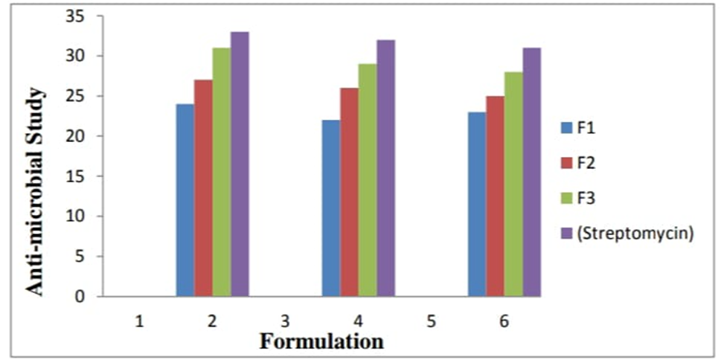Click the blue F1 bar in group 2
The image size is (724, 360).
coord(185,200)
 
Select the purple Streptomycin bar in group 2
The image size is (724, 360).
coord(240,164)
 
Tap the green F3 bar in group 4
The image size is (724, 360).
coord(367,180)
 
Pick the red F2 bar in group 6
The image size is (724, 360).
coord(495,196)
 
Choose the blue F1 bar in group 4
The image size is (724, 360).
coord(330,208)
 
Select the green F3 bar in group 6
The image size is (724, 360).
coord(513,184)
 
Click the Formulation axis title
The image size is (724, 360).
coord(321,341)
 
